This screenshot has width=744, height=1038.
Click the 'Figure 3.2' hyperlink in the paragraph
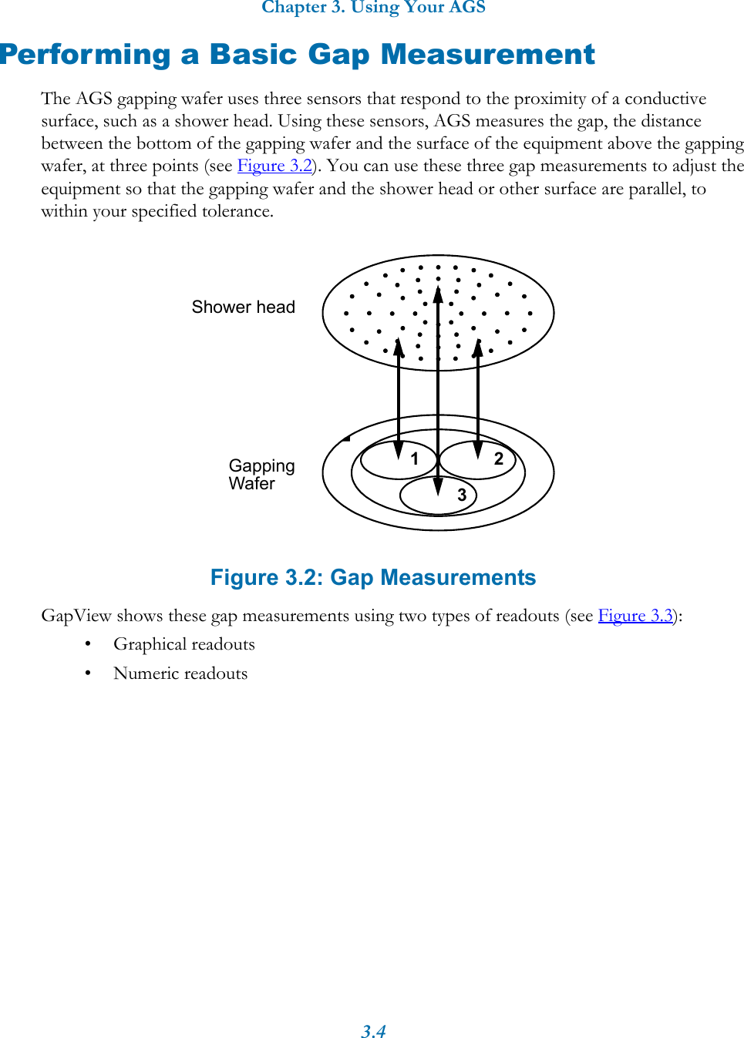click(x=274, y=166)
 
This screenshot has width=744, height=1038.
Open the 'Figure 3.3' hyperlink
click(x=635, y=616)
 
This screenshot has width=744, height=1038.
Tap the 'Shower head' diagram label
click(x=243, y=307)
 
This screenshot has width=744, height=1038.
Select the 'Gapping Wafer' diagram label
click(x=261, y=475)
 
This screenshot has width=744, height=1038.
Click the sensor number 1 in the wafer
click(x=414, y=459)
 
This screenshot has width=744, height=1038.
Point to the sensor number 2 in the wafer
click(x=499, y=459)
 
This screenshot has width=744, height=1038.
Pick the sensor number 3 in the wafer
click(x=462, y=495)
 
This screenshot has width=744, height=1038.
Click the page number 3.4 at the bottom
click(x=373, y=1031)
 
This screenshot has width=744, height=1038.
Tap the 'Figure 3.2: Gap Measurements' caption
click(x=373, y=578)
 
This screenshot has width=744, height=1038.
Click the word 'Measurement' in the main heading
click(x=487, y=55)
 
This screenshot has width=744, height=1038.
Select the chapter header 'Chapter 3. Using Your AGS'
click(x=373, y=8)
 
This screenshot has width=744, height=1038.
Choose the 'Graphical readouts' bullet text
click(x=183, y=644)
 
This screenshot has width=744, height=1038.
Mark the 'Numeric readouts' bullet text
click(x=180, y=674)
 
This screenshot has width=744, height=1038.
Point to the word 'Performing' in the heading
click(x=85, y=55)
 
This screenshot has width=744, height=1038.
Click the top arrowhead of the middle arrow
click(x=438, y=295)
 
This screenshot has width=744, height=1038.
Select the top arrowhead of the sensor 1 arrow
click(x=399, y=348)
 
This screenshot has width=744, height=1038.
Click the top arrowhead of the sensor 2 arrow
click(x=478, y=348)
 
